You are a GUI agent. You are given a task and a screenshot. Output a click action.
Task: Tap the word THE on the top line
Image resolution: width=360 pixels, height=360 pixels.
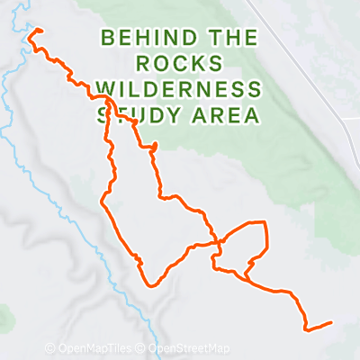coord(229,39)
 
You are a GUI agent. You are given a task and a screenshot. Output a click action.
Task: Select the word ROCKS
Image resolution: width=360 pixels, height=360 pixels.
coord(179,64)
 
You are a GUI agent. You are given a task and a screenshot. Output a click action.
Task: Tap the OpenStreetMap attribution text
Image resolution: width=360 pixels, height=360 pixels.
coord(188,348)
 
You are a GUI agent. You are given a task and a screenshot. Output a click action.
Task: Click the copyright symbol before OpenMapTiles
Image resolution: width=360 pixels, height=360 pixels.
coord(50,348)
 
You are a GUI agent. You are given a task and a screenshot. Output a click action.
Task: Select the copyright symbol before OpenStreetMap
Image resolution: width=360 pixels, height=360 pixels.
coord(142,348)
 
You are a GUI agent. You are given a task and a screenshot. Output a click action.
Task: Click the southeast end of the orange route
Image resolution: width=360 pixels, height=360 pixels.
coord(331,322)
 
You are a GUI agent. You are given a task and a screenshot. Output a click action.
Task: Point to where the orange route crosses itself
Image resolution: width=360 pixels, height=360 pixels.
coord(219,242)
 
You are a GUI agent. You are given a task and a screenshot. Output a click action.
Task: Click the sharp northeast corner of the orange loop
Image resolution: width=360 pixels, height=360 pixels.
coord(265,221)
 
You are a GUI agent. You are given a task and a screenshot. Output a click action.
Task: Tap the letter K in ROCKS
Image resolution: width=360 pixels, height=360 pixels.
coord(200,64)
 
